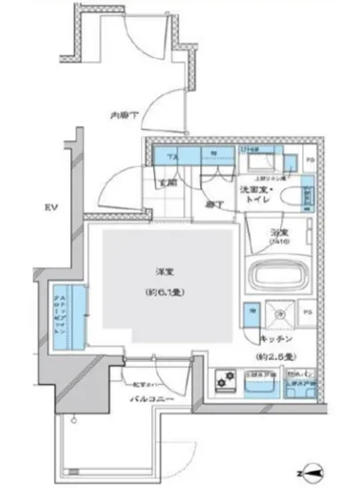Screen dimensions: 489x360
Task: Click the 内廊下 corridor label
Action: (123, 116)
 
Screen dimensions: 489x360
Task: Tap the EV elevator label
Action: (53, 208)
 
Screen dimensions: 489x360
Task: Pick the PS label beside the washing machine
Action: (308, 313)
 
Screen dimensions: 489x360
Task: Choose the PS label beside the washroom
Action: (310, 160)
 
